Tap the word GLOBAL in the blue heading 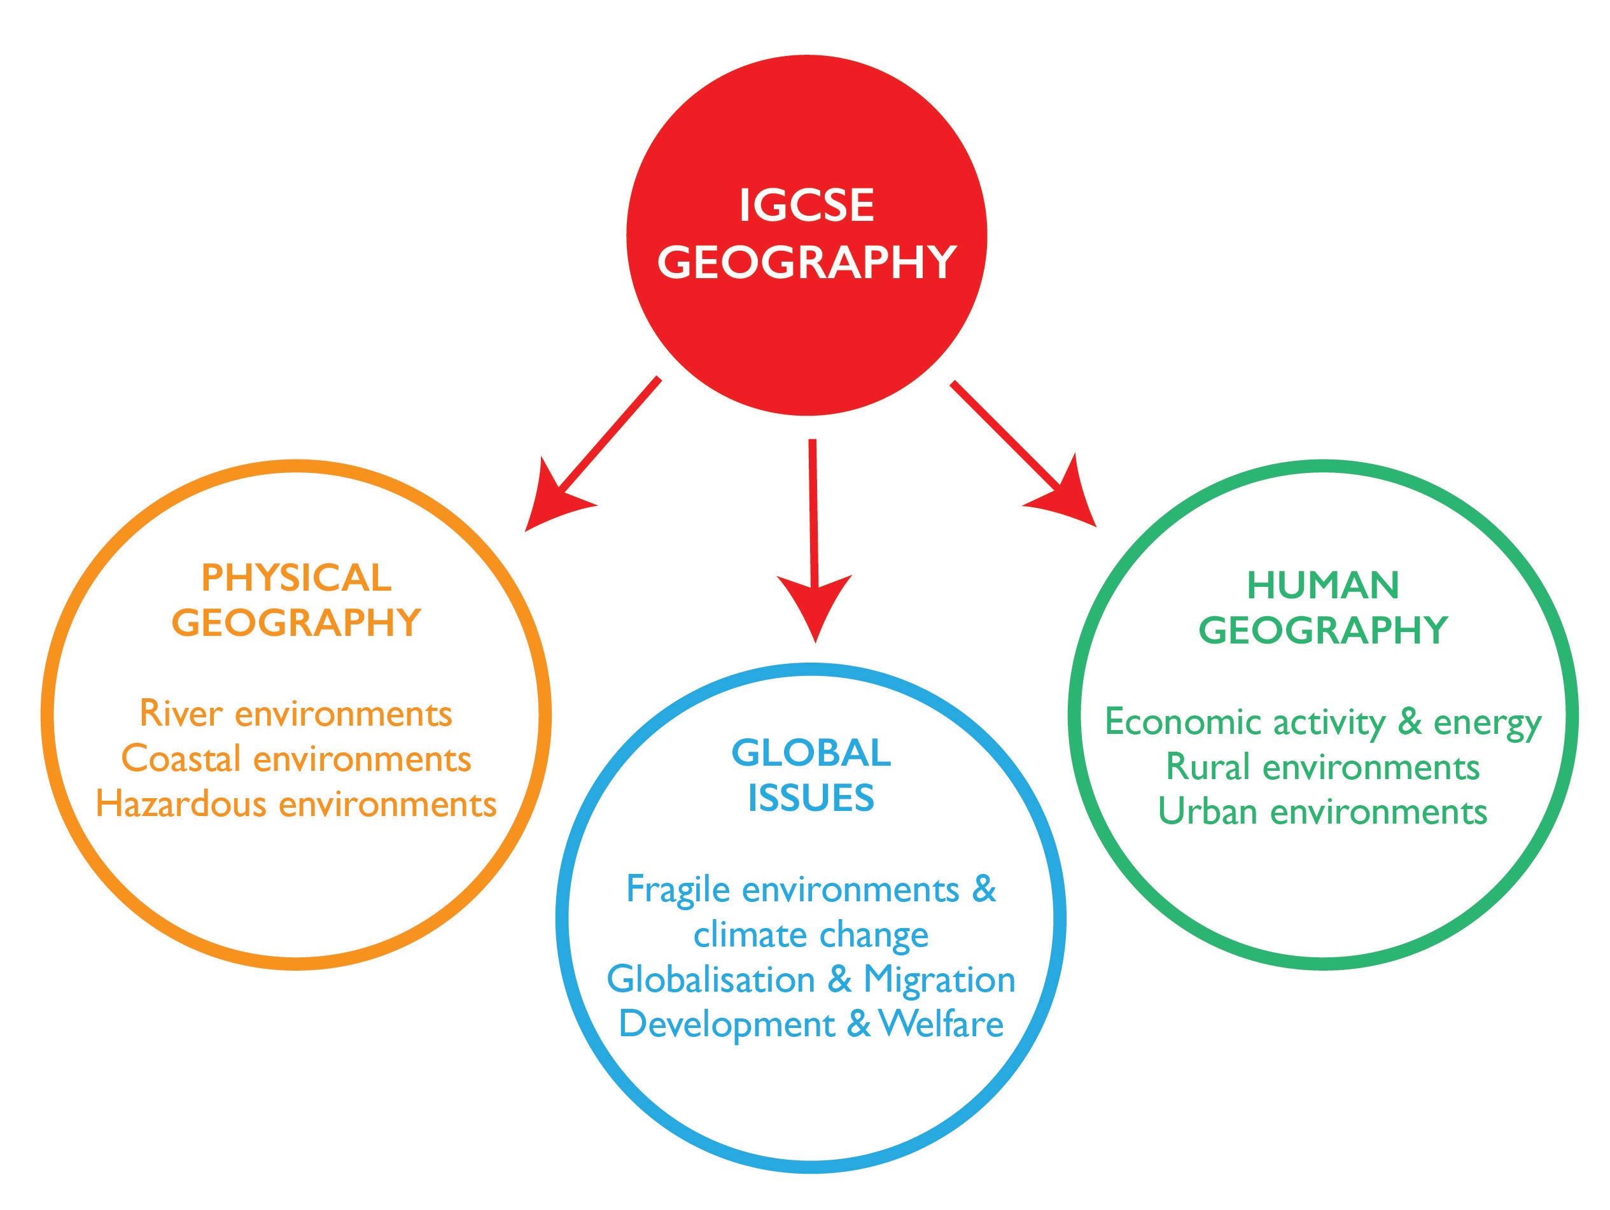coord(811,753)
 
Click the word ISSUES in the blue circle coord(811,799)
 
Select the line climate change coord(811,936)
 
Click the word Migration coord(939,980)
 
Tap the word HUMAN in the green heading coord(1322,586)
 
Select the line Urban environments coord(1322,812)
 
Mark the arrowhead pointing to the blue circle coord(815,604)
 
